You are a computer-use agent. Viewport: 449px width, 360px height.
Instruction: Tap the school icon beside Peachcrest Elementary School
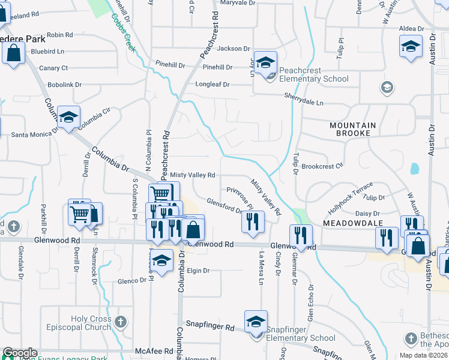[265, 62]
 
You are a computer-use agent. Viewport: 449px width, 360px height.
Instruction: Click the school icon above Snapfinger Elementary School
[256, 321]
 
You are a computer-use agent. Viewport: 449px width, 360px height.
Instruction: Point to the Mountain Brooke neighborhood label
[352, 130]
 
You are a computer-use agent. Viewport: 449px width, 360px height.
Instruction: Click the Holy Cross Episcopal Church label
[91, 323]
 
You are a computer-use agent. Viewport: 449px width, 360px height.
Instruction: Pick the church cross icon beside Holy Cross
[122, 322]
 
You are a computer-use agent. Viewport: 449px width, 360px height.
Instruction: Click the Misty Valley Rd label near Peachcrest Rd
[193, 175]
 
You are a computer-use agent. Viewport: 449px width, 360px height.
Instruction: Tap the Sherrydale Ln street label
[304, 103]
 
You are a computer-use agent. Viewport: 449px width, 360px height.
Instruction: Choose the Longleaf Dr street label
[212, 85]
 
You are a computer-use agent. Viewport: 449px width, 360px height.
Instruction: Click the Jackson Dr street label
[233, 49]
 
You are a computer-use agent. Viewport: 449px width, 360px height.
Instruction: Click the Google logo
[20, 353]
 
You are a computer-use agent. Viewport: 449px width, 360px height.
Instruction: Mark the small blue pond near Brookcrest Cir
[415, 169]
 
